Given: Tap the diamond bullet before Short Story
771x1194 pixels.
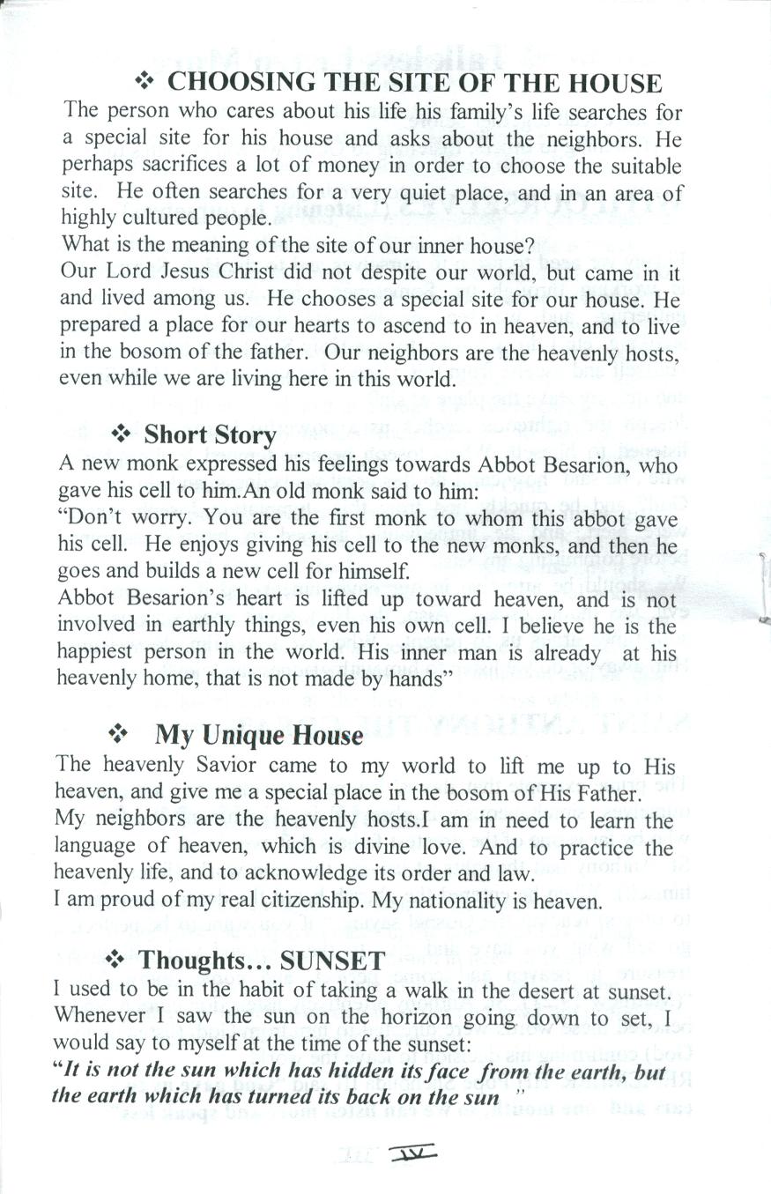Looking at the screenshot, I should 120,434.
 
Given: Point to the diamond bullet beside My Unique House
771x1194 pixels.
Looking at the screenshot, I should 116,733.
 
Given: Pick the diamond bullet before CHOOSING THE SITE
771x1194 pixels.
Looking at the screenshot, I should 144,82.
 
